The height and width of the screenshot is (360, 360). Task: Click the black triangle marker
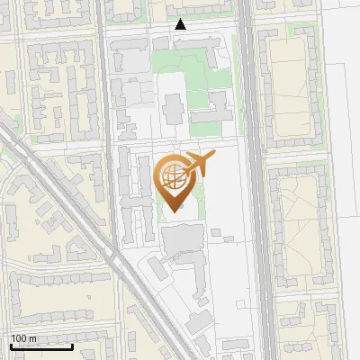click(181, 24)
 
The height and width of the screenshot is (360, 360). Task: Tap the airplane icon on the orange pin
click(198, 164)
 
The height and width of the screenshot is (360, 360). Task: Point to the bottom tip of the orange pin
click(175, 211)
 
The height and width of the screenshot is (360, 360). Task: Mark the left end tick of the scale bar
click(11, 346)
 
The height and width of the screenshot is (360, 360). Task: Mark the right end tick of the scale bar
click(73, 346)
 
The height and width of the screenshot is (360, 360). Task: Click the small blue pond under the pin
click(180, 206)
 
